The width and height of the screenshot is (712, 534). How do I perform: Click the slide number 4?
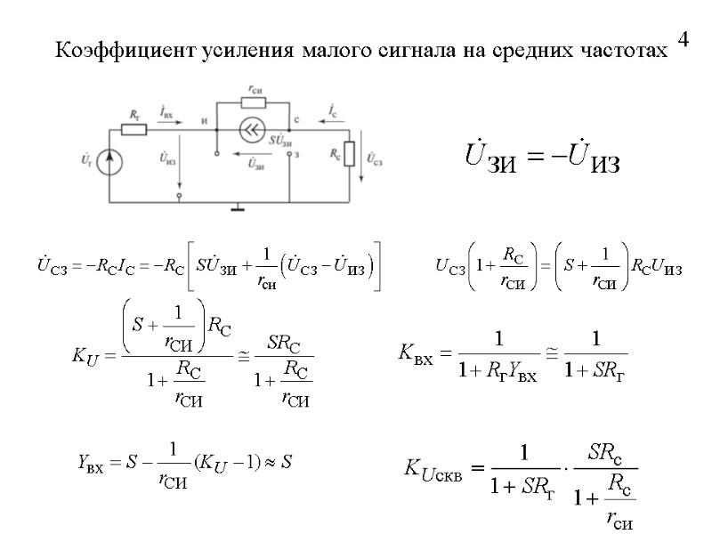coord(683,40)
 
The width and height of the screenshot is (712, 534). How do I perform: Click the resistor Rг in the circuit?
coord(133,129)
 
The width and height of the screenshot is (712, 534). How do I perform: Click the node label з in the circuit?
coord(297,154)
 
